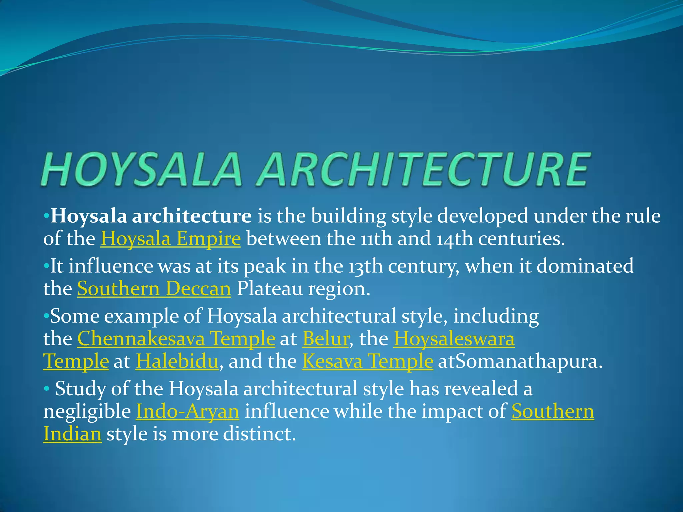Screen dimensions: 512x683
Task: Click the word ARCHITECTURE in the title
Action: tap(424, 169)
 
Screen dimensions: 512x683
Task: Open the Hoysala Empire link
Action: tap(170, 239)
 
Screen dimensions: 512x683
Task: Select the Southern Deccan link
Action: tap(154, 289)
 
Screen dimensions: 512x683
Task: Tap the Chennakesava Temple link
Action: tap(176, 339)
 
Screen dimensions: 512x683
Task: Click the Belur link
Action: tap(325, 339)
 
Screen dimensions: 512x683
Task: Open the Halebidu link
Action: tap(177, 361)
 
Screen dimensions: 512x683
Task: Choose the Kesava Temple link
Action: tap(368, 361)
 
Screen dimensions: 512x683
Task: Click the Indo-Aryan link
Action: tap(188, 411)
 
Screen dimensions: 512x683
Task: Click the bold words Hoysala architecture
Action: tap(151, 216)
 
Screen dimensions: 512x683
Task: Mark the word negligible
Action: tap(87, 411)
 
